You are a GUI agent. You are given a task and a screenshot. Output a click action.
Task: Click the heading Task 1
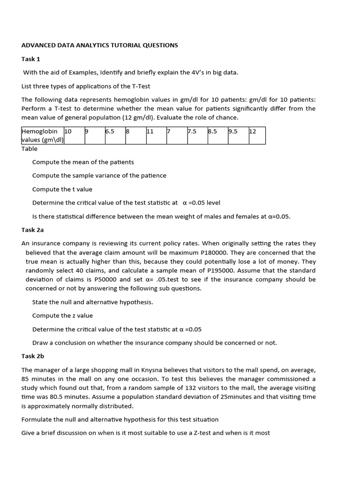(x=31, y=59)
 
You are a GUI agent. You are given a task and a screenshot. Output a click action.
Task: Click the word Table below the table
(x=30, y=149)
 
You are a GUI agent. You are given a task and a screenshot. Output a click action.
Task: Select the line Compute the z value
(x=62, y=315)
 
